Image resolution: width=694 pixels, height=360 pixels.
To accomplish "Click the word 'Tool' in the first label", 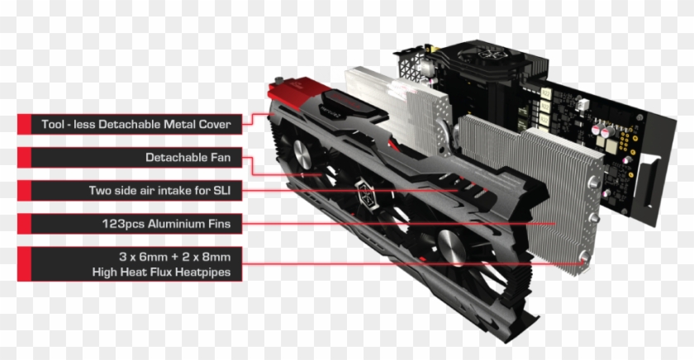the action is pos(52,125).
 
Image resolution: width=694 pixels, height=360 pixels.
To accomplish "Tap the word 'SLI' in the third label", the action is pos(221,191).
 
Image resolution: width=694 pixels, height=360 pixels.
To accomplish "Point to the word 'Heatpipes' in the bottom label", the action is pos(202,272).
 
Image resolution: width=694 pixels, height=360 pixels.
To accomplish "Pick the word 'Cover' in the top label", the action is pos(215,125).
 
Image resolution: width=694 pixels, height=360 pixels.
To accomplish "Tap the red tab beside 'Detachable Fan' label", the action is pos(24,158).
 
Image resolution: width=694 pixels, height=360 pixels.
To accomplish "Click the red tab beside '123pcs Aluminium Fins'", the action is pos(24,224).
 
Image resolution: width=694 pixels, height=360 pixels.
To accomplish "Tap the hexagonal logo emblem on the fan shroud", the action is pos(365,192).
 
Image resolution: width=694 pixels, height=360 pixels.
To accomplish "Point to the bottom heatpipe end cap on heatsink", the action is pos(585,257).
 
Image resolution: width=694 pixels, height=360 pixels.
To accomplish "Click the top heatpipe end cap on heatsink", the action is pos(593,182).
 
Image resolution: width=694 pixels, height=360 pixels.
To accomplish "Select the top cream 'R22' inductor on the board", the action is pos(546,94).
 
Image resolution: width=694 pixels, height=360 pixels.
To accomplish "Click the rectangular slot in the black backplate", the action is pos(651,182).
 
